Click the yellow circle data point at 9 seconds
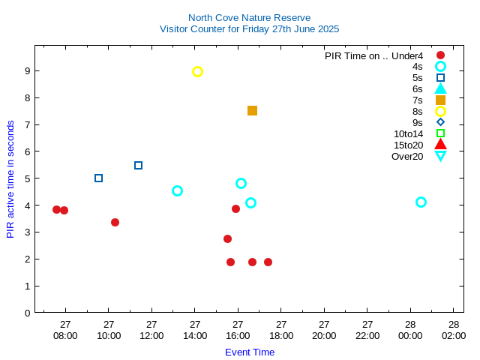[197, 71]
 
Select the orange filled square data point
[252, 110]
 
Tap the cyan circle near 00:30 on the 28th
[421, 202]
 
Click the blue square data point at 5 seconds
[98, 178]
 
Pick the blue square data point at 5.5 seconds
[138, 165]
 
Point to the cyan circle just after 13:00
[177, 190]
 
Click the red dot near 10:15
[115, 222]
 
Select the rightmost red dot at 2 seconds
[268, 262]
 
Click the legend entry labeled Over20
[407, 156]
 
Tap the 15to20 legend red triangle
[440, 145]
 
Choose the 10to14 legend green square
[440, 133]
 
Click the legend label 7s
[418, 100]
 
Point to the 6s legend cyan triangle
[440, 88]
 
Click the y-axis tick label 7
[26, 124]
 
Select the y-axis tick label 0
[26, 313]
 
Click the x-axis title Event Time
[250, 352]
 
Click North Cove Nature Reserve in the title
[249, 17]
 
